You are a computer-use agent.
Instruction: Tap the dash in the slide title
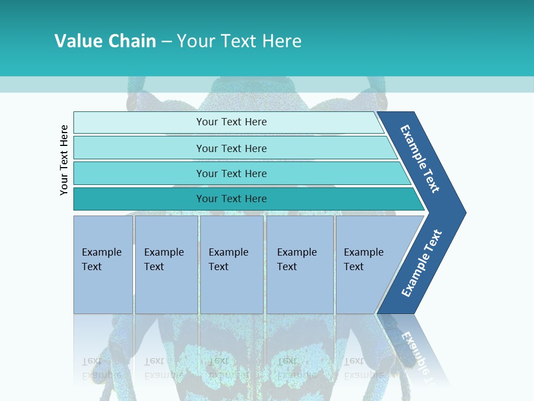[167, 42]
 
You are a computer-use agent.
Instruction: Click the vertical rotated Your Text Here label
[64, 160]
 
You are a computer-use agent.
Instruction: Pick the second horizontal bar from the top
[231, 148]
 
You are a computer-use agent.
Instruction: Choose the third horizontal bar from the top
[231, 173]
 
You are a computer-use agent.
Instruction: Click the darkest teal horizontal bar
[231, 199]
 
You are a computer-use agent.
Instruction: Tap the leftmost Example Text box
[103, 264]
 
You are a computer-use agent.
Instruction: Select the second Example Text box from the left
[166, 264]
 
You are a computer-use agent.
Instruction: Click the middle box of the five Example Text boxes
[231, 264]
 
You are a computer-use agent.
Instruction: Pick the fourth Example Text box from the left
[300, 264]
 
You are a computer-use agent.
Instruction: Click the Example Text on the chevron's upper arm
[420, 159]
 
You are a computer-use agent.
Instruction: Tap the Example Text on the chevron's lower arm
[422, 263]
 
